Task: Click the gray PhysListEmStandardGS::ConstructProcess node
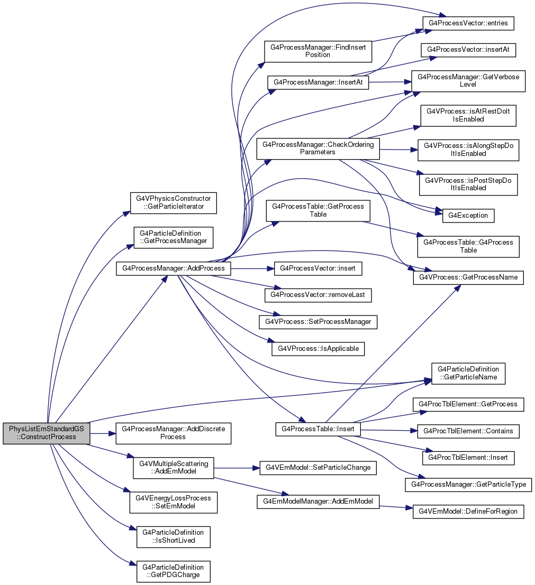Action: click(x=47, y=433)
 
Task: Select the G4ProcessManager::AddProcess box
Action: click(x=174, y=268)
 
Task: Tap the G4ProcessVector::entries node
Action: click(x=468, y=23)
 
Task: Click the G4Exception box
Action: click(x=468, y=215)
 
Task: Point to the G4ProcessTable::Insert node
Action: click(x=318, y=429)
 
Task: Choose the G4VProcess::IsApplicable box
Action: click(x=318, y=348)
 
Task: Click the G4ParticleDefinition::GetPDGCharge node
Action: click(x=174, y=571)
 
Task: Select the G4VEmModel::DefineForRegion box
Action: click(x=468, y=511)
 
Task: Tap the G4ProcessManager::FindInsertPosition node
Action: click(x=318, y=51)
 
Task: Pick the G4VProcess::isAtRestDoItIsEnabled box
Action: click(x=468, y=115)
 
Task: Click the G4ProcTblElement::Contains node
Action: click(x=468, y=431)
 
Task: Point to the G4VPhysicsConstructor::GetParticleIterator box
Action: click(x=174, y=202)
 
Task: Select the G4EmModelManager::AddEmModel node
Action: click(x=318, y=501)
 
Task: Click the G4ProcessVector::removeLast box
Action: click(x=318, y=295)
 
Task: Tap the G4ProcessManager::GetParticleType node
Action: click(x=468, y=484)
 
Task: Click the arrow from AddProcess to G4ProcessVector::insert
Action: click(x=252, y=268)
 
